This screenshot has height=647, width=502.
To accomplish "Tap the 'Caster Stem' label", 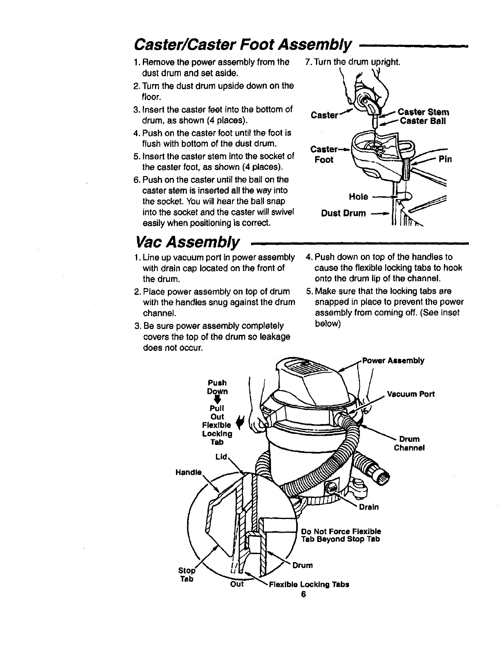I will pos(423,112).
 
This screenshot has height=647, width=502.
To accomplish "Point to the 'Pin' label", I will pos(445,159).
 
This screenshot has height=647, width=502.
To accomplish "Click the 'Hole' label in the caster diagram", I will pos(358,197).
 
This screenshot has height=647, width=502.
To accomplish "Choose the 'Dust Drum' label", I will pos(343,213).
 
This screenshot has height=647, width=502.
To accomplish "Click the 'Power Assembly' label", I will pos(393,361).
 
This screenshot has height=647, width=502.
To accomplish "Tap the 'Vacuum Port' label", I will pos(411,394).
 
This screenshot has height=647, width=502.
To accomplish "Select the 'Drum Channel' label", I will pos(409,443).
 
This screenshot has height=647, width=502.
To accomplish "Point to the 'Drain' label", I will pos(369,507).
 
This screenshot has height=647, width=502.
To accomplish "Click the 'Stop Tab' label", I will pos(186,575).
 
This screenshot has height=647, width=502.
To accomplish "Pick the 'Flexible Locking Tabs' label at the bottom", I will pos(309,584).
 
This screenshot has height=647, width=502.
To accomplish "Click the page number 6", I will pos(303,594).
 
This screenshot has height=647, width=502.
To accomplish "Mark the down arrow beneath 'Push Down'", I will pos(218,400).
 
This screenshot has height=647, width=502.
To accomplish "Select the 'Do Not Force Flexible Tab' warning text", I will pos(341,535).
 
